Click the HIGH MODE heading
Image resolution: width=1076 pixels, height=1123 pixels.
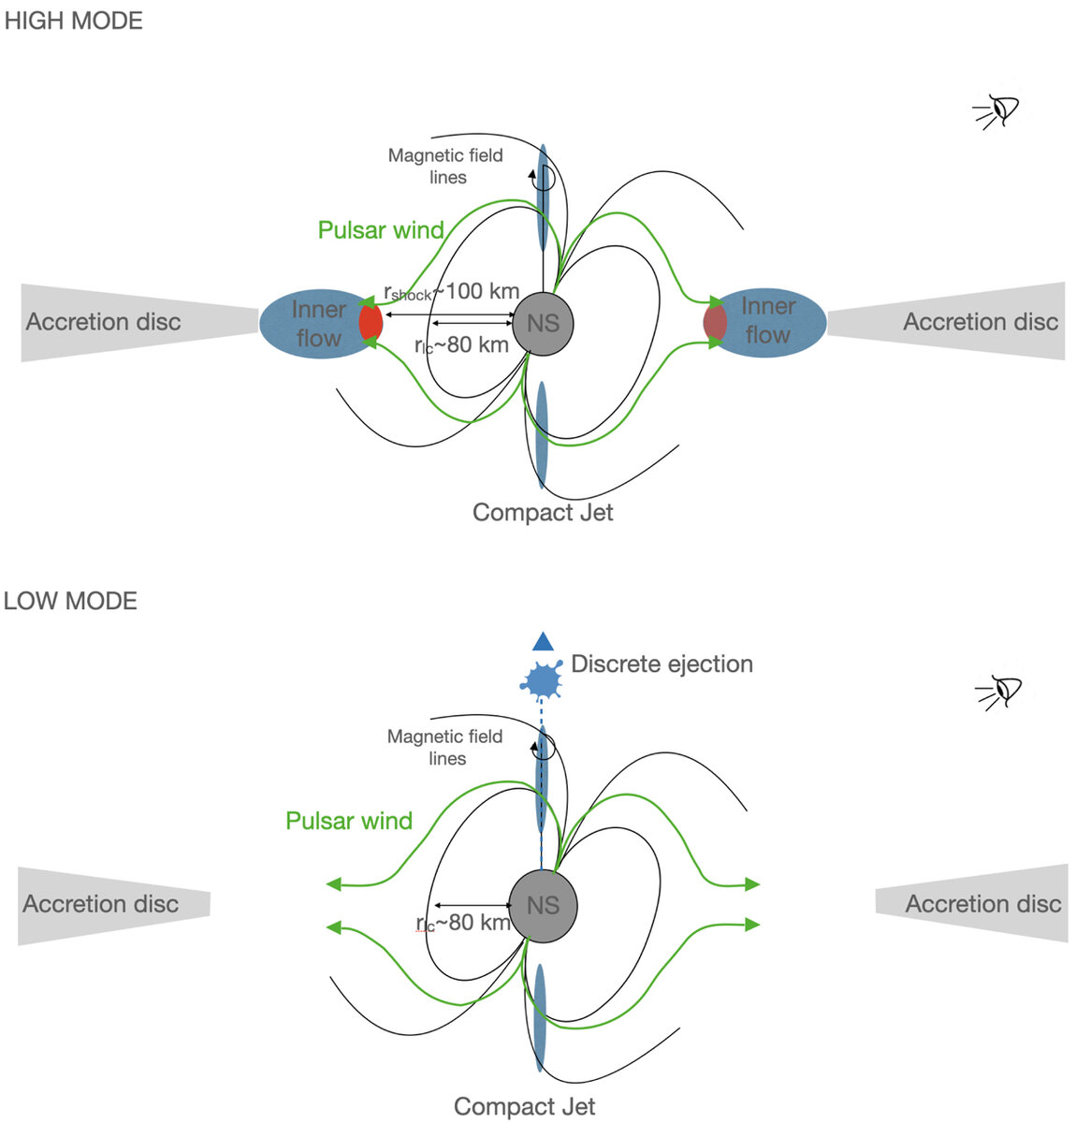coord(73,21)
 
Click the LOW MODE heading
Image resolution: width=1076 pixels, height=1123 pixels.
coord(70,601)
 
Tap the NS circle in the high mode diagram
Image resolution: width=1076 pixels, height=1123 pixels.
coord(543,324)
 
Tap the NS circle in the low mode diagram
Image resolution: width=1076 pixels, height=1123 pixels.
coord(543,906)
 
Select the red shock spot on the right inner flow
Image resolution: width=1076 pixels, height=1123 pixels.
coord(715,323)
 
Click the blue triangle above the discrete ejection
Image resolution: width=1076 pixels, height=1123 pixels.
coord(543,642)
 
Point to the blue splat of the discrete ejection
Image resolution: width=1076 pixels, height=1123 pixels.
coord(542,680)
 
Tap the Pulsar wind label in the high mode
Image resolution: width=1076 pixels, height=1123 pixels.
coord(380,230)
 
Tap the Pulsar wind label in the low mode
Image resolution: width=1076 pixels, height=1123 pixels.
coord(349,821)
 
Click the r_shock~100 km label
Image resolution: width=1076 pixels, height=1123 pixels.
coord(451,292)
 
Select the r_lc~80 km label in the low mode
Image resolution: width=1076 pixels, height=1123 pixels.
coord(462,923)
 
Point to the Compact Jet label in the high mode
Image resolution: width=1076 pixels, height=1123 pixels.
coord(543,513)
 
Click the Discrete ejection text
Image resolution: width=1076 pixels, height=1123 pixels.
coord(662,664)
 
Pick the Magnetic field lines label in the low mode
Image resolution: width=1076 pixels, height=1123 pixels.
coord(445,748)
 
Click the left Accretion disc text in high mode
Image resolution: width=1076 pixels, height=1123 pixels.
coord(103,322)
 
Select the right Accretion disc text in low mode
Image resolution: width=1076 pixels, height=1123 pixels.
coord(982,904)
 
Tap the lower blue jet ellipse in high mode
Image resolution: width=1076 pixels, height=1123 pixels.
coord(542,435)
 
